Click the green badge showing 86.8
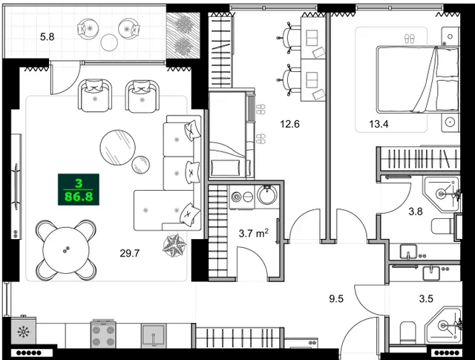tap(79, 191)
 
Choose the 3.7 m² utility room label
tap(253, 233)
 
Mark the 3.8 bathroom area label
tap(416, 211)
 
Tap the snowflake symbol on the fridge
tap(21, 330)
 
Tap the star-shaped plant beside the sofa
tap(177, 244)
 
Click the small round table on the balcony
tap(110, 42)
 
